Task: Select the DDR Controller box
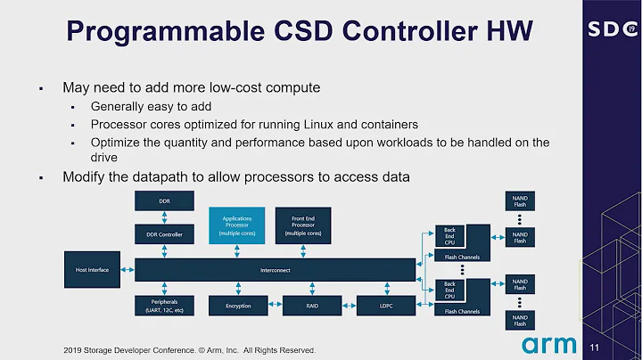tap(164, 234)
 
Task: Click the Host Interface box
tap(92, 269)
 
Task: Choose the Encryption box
tap(237, 306)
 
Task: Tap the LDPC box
tap(374, 306)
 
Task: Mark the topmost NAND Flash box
tap(519, 200)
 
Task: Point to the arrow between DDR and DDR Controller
tap(164, 218)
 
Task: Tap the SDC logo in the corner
tap(610, 29)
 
